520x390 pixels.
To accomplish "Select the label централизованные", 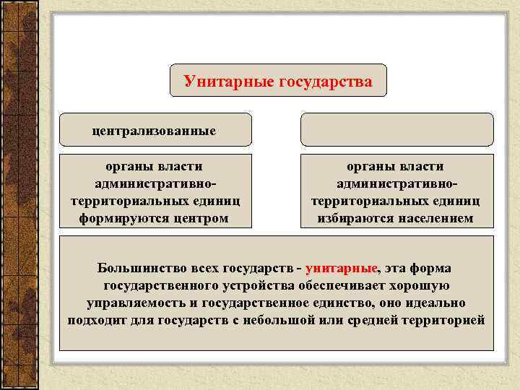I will pos(155,131).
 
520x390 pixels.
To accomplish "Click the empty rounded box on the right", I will pos(396,130).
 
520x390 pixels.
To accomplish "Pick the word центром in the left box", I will pos(198,217).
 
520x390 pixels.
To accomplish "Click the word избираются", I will pos(353,217).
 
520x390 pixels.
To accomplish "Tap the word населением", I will pos(432,217).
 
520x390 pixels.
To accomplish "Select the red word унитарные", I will pos(347,268).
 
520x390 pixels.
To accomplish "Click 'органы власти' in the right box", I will pos(396,167).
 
